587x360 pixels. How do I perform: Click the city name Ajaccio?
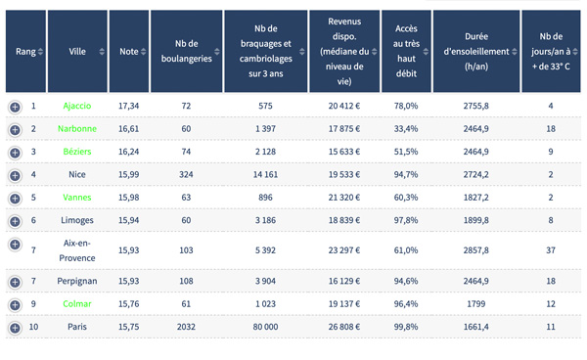click(x=77, y=106)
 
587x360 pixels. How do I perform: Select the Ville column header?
click(x=77, y=51)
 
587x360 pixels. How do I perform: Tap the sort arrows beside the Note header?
click(x=144, y=52)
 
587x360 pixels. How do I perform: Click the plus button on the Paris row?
click(x=15, y=328)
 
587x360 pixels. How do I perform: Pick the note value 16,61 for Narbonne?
click(x=129, y=129)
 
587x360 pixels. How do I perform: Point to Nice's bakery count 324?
click(x=186, y=174)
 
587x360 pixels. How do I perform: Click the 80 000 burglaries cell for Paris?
click(x=265, y=327)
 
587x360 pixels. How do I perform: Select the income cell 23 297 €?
click(x=344, y=250)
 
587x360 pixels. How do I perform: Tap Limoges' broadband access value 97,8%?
click(x=406, y=220)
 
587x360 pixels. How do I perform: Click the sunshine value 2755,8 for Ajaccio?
click(x=475, y=106)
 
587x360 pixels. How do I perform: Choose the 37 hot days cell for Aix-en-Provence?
click(x=551, y=250)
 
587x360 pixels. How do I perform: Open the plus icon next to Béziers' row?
click(x=15, y=153)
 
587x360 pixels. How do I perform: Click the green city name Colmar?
click(x=77, y=304)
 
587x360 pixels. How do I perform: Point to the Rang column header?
click(x=25, y=51)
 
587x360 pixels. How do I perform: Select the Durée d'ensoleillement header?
click(x=476, y=51)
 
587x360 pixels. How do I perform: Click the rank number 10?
click(x=33, y=327)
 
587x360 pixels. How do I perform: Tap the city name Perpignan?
click(x=77, y=282)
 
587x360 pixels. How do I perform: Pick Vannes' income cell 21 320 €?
click(x=344, y=198)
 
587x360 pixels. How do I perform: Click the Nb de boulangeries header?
click(x=187, y=51)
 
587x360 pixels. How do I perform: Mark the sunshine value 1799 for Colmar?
click(x=475, y=304)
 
